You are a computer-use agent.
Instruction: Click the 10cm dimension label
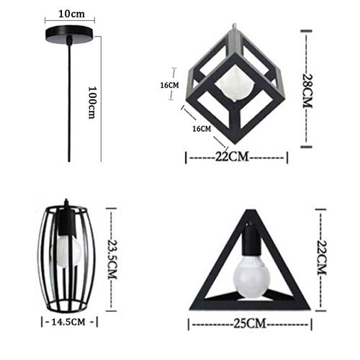pos(70,14)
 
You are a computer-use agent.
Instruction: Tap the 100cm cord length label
pos(92,102)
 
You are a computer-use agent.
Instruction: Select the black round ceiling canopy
pos(70,37)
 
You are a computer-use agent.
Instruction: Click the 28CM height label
pos(309,89)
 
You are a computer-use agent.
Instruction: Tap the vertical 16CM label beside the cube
pos(170,85)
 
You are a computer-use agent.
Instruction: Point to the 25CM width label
pos(251,325)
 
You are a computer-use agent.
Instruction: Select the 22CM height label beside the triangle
pos(321,258)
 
